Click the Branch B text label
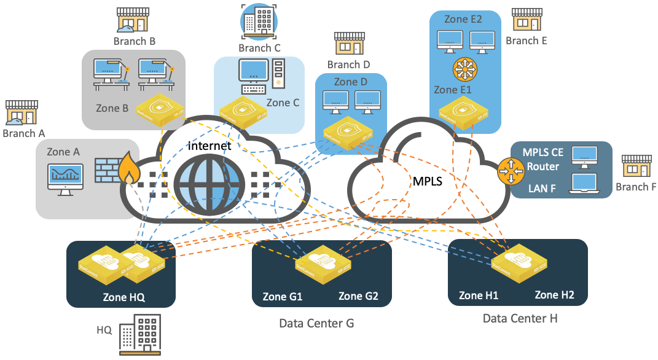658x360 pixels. coord(134,41)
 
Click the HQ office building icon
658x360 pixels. coord(139,334)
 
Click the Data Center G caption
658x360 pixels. coord(316,323)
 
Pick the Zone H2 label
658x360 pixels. coord(554,295)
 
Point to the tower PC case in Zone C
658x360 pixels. coord(278,72)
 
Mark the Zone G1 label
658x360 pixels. coord(283,296)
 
